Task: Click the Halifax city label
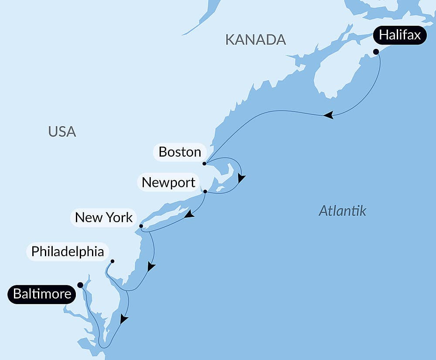pos(400,35)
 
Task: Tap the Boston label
pos(180,152)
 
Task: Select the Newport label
pos(168,182)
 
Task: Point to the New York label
pos(103,217)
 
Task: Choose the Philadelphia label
pos(68,252)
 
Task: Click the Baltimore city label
pos(42,294)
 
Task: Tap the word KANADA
pos(255,40)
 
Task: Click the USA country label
pos(62,131)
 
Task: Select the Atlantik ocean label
pos(342,211)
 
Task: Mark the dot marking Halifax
pos(376,51)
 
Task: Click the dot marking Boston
pos(204,164)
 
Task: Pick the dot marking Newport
pos(205,191)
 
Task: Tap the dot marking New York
pos(141,226)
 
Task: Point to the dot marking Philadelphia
pos(112,261)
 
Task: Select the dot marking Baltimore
pos(80,285)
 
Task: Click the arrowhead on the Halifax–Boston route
pos(328,115)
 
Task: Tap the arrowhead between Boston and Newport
pos(241,178)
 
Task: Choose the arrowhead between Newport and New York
pos(189,214)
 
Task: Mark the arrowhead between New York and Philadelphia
pos(151,266)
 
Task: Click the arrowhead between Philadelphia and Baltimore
pos(124,319)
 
